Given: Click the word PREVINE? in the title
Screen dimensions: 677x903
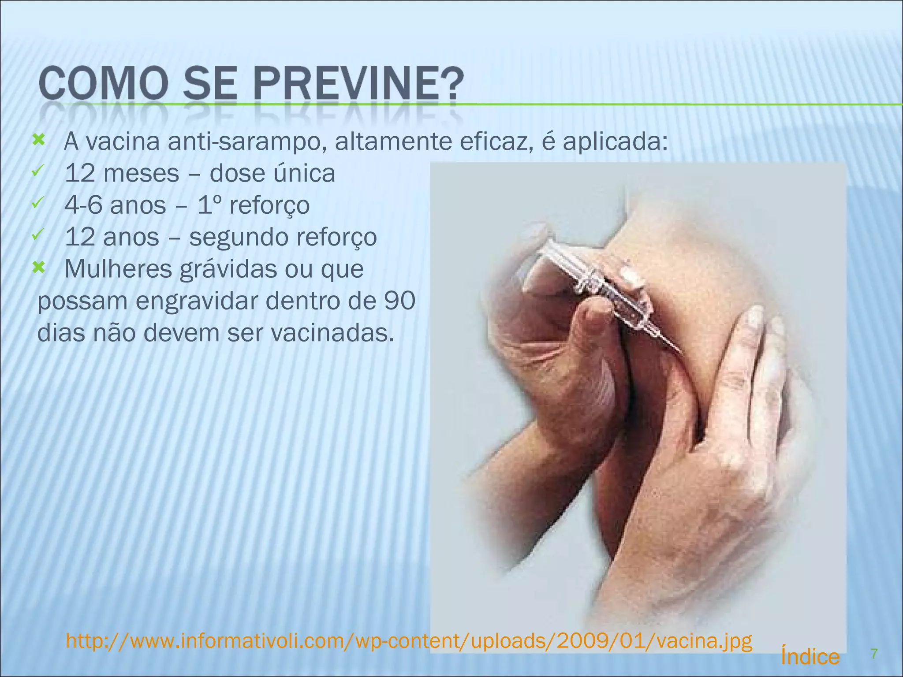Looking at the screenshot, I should tap(358, 83).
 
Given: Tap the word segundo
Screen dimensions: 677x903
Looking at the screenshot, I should tap(239, 237).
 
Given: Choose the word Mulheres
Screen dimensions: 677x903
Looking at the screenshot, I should tap(118, 269).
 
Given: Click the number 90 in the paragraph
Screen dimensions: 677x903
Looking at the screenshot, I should tap(399, 301).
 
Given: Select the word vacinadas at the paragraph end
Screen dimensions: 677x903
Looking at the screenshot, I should tap(332, 333).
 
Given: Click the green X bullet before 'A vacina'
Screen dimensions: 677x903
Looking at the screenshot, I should tap(39, 141).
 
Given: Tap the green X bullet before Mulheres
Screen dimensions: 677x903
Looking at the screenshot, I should tap(39, 268).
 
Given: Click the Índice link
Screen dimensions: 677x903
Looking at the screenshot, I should tap(810, 657).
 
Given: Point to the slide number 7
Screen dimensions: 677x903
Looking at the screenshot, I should tap(874, 654).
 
